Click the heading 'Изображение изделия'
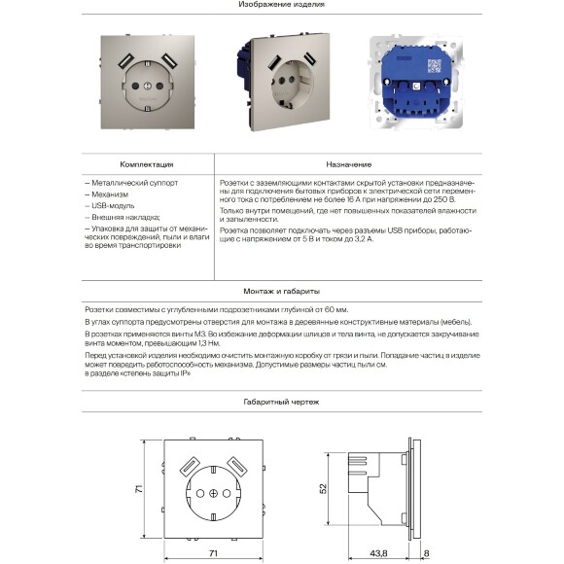(281, 5)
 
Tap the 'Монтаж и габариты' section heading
(281, 291)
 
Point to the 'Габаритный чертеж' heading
(281, 402)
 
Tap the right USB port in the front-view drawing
(237, 464)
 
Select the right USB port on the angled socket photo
(311, 60)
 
